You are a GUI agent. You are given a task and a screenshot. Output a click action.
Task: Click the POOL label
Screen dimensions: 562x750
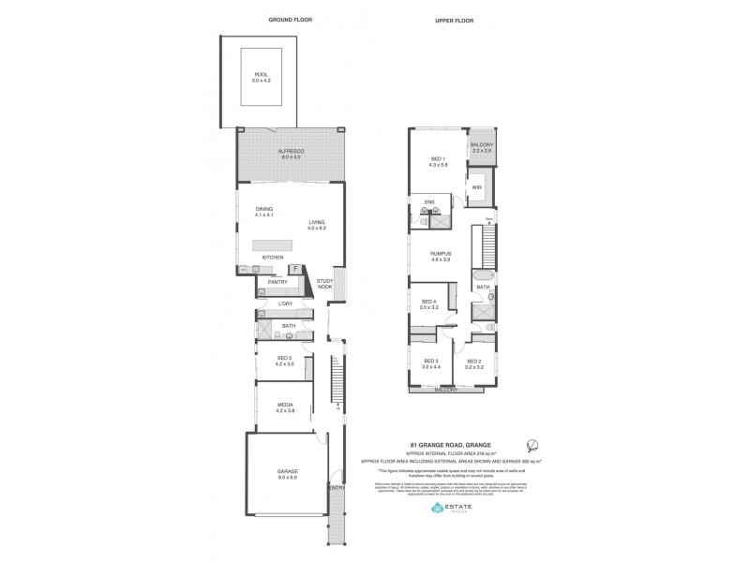coord(260,76)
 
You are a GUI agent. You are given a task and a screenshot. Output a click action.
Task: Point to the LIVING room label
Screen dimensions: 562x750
coord(316,221)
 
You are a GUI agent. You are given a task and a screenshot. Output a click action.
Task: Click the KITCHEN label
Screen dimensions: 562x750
coord(272,256)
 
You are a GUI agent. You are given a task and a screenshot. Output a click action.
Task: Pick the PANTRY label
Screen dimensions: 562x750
coord(277,281)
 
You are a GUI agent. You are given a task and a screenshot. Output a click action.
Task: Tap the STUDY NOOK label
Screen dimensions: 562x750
coord(325,284)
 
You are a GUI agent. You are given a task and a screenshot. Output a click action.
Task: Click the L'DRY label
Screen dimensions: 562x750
coord(286,305)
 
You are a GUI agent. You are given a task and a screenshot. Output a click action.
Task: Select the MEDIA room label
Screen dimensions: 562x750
coord(285,405)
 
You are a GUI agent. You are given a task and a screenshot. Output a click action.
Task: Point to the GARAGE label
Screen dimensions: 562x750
coord(287,474)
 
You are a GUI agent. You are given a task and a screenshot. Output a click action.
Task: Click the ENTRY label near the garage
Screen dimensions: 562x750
coord(337,487)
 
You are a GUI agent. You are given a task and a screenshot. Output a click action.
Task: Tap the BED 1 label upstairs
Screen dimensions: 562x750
coord(438,159)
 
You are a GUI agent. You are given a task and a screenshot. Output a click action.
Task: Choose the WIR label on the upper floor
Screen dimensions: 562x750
coord(477,186)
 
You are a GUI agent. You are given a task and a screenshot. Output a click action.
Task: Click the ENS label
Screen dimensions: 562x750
coord(429,200)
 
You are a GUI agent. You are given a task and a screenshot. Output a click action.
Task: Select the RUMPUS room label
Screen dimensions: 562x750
coord(442,253)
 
